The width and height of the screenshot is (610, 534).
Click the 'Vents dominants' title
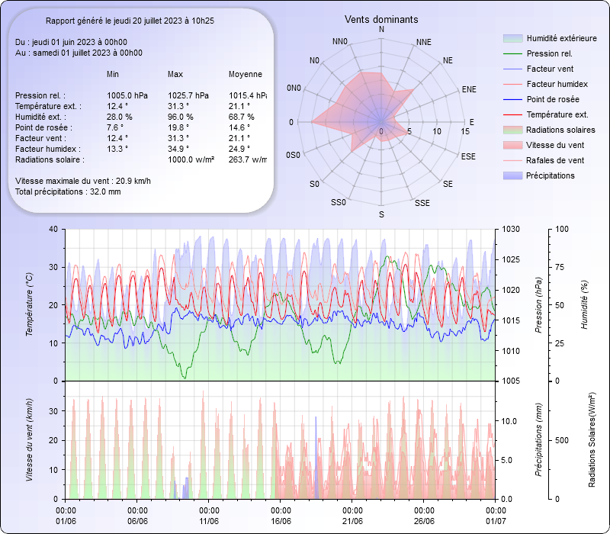click(381, 19)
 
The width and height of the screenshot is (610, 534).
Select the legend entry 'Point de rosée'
click(552, 99)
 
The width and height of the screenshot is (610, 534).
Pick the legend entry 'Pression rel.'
click(549, 53)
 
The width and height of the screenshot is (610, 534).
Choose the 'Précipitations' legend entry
click(551, 175)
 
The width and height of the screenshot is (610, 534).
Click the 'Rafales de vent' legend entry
click(555, 160)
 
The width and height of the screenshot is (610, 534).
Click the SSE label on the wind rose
click(422, 203)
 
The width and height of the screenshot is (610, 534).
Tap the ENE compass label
click(469, 89)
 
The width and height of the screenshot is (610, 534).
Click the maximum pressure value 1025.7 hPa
click(188, 95)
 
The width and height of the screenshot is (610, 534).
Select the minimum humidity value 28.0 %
click(120, 117)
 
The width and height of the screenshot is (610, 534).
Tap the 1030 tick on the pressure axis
click(510, 229)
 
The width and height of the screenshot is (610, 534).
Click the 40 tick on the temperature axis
click(53, 229)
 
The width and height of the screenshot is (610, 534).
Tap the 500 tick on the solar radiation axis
click(581, 440)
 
